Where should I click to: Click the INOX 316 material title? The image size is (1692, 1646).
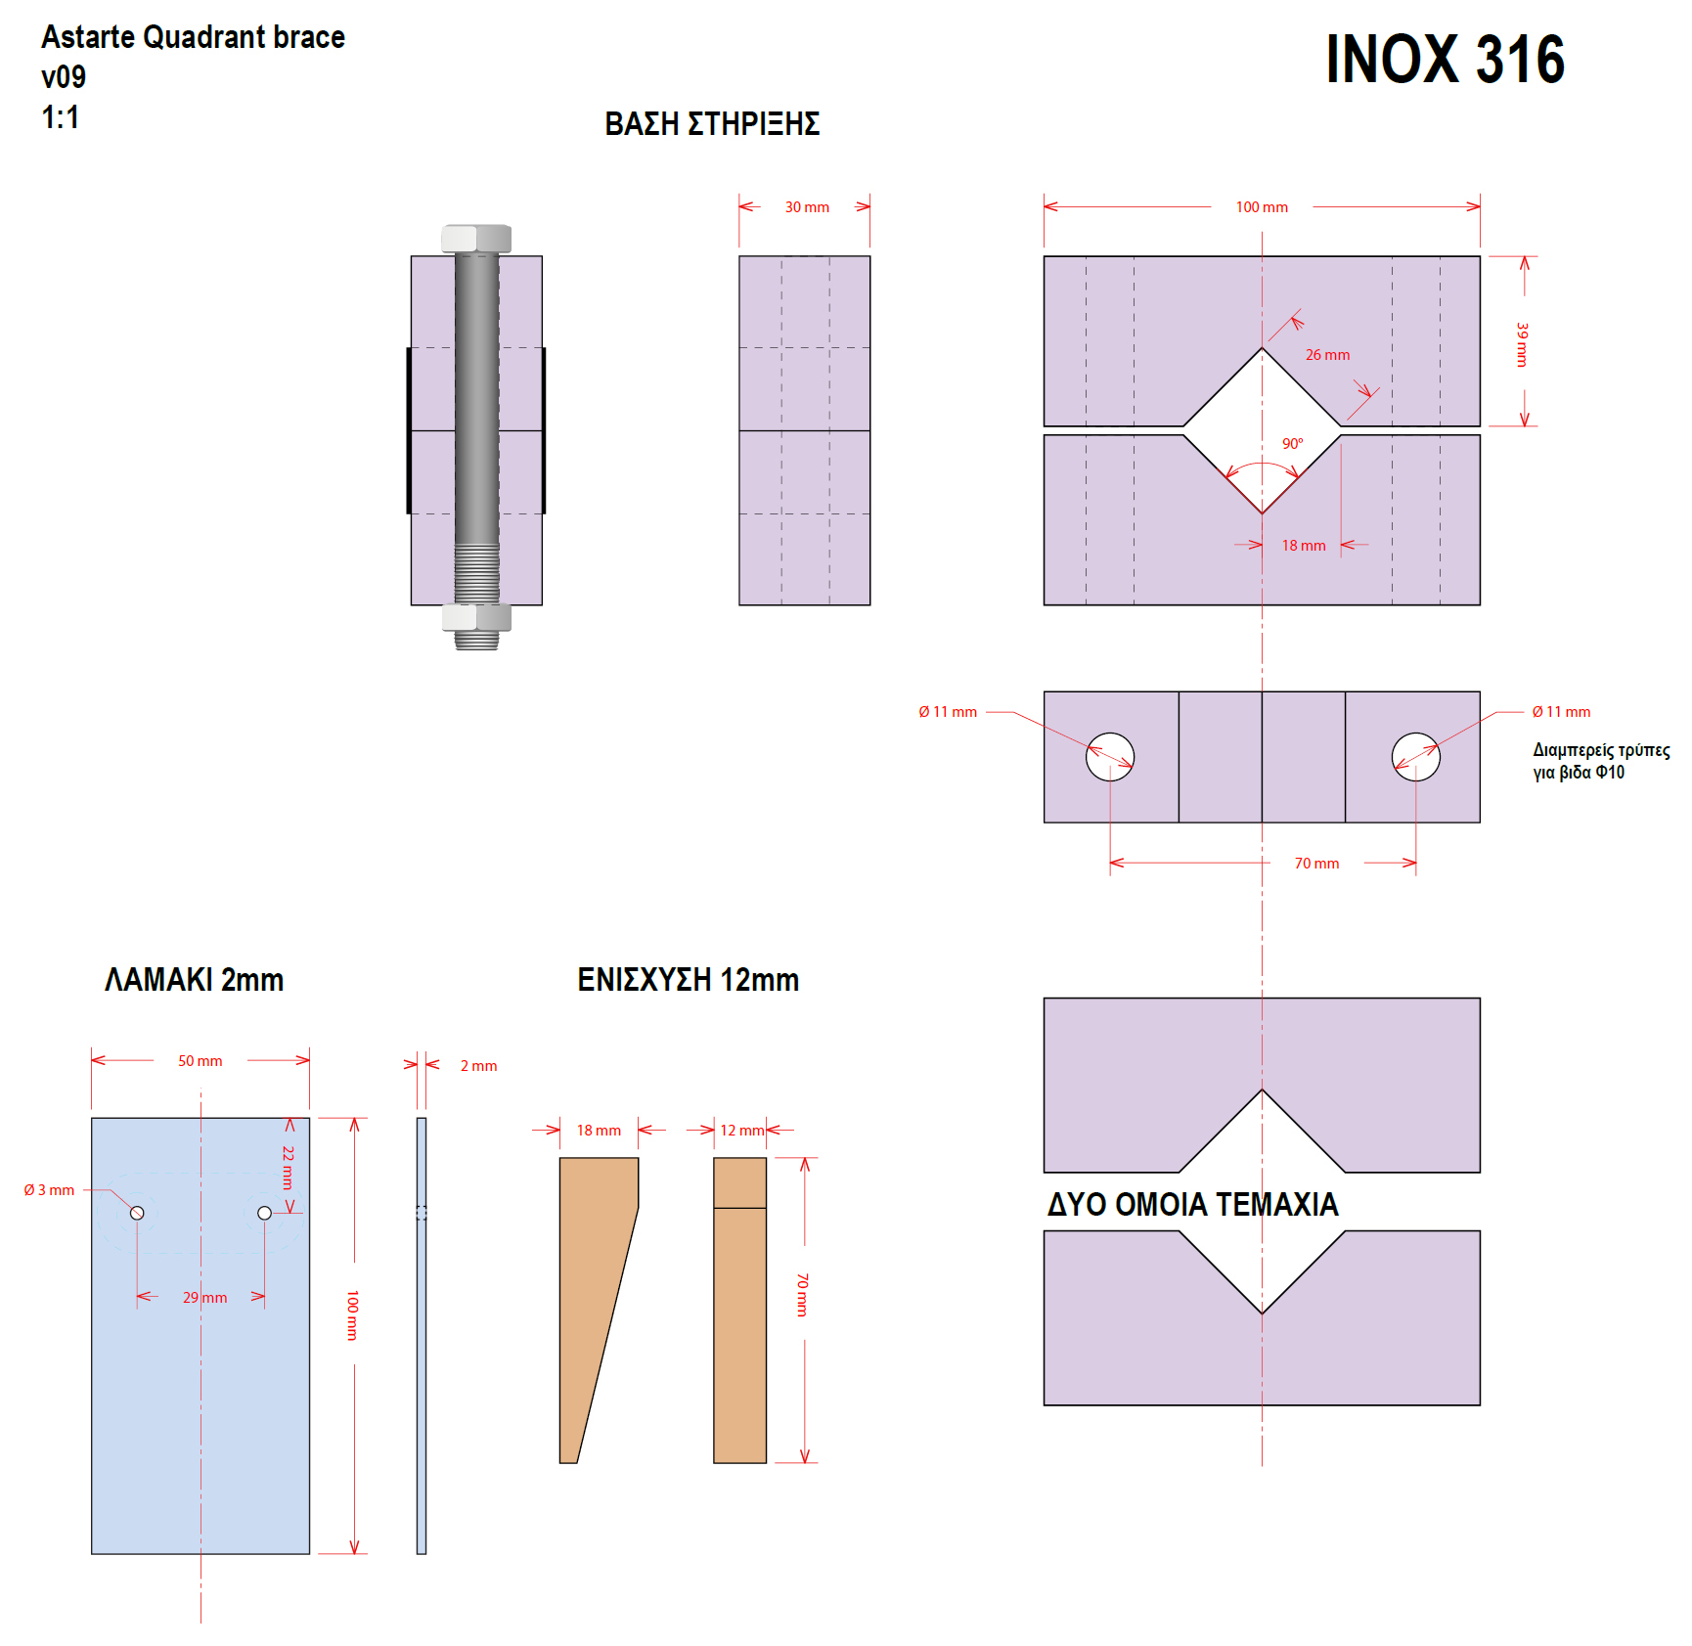click(1445, 60)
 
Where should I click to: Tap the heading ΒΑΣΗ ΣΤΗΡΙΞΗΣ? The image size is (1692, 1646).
click(712, 124)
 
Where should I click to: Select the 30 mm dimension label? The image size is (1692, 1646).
click(807, 207)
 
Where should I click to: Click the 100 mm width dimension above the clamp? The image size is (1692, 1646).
click(1262, 207)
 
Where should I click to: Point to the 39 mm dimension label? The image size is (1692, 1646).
click(1522, 344)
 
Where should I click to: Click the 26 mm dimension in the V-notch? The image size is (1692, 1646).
click(1327, 355)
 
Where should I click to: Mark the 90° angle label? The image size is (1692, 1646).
click(1293, 444)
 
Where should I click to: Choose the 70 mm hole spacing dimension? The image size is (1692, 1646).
click(1316, 864)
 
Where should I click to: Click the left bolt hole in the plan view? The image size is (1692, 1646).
click(1110, 757)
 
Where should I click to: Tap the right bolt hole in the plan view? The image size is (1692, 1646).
click(1416, 757)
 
